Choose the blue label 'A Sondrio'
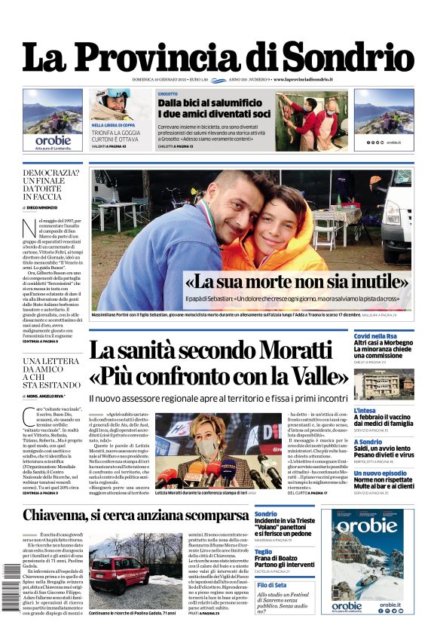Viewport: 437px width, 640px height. coord(368,442)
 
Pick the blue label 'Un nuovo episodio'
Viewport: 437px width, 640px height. coord(381,473)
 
